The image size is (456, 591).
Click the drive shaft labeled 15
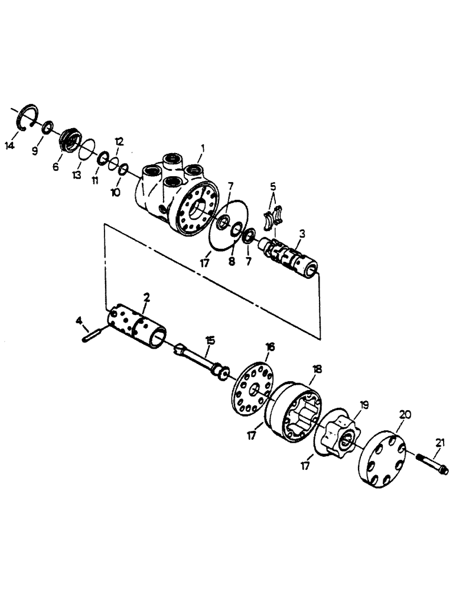[x=201, y=359]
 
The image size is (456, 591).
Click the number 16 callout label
[x=270, y=347]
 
